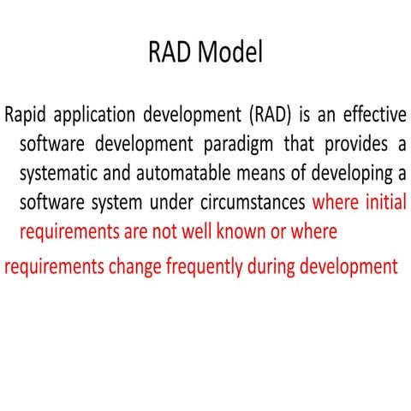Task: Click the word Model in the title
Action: point(229,53)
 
